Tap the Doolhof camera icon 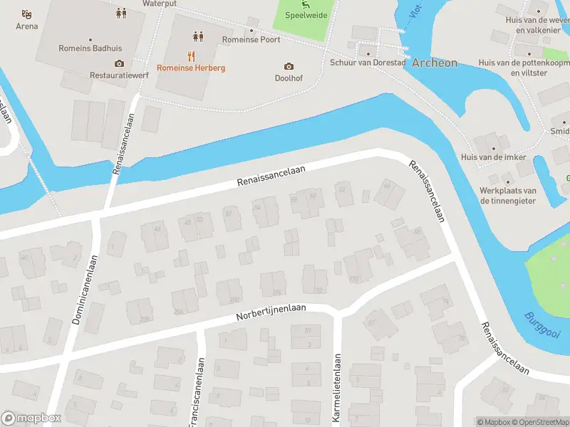pyautogui.click(x=289, y=66)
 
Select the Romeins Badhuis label pyautogui.click(x=90, y=49)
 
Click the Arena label pyautogui.click(x=27, y=26)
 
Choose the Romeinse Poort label pyautogui.click(x=251, y=40)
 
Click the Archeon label pyautogui.click(x=435, y=63)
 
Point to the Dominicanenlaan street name pyautogui.click(x=85, y=292)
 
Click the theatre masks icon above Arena pyautogui.click(x=27, y=14)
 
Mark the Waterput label pyautogui.click(x=159, y=4)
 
